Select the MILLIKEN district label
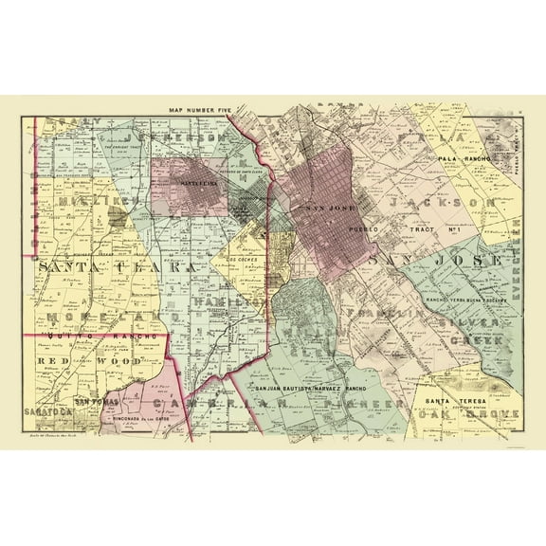[x=84, y=201]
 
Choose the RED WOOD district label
[x=78, y=361]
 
